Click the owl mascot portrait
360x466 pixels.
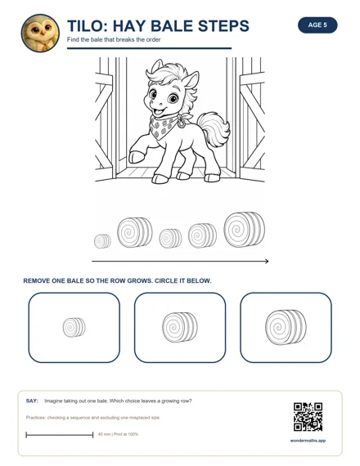click(40, 33)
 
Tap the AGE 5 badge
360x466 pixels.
click(317, 25)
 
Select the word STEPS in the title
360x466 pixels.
click(223, 26)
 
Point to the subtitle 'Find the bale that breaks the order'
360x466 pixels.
click(114, 39)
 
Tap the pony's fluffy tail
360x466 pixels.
click(213, 129)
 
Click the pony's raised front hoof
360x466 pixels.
click(137, 157)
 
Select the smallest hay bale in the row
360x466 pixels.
click(102, 241)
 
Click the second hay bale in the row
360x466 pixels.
click(135, 232)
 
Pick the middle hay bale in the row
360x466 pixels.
click(170, 239)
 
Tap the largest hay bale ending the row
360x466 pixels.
click(245, 230)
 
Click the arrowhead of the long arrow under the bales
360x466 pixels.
click(267, 262)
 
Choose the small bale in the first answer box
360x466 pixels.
click(74, 327)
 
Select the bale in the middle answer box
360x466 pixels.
click(180, 327)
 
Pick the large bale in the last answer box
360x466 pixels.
click(286, 327)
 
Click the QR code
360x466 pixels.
click(308, 417)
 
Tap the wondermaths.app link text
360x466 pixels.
click(308, 441)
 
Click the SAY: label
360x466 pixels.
click(32, 401)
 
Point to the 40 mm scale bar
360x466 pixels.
click(60, 435)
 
